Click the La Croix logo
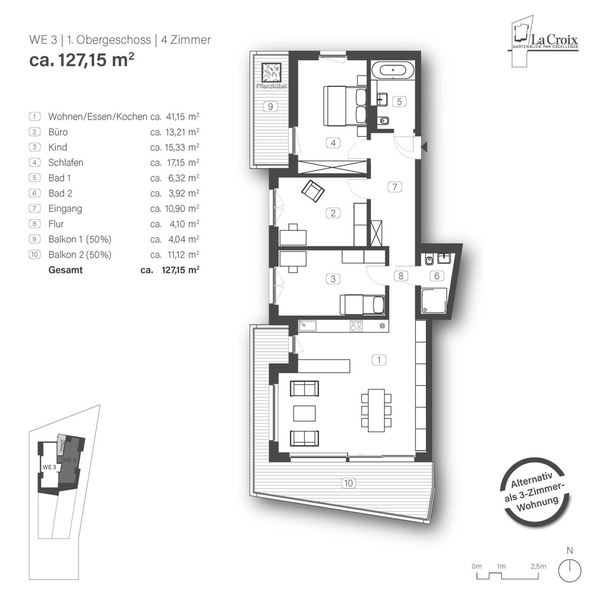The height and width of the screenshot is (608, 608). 545,41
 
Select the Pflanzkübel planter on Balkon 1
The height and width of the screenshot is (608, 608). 271,72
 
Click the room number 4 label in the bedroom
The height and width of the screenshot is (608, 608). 333,143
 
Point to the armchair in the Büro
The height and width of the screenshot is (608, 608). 313,191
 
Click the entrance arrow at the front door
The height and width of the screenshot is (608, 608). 424,146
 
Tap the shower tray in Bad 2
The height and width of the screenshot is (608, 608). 434,300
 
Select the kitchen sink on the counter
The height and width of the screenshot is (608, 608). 308,326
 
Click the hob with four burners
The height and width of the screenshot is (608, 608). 356,326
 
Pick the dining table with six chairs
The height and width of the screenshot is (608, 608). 376,410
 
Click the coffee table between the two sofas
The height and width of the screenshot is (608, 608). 305,413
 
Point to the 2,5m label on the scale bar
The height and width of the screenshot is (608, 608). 538,566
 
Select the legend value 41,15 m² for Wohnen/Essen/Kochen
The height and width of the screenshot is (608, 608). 182,117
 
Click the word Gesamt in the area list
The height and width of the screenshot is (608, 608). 66,270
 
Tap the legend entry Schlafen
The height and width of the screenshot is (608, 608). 66,163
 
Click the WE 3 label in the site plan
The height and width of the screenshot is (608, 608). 49,467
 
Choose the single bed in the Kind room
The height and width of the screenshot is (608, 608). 362,305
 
